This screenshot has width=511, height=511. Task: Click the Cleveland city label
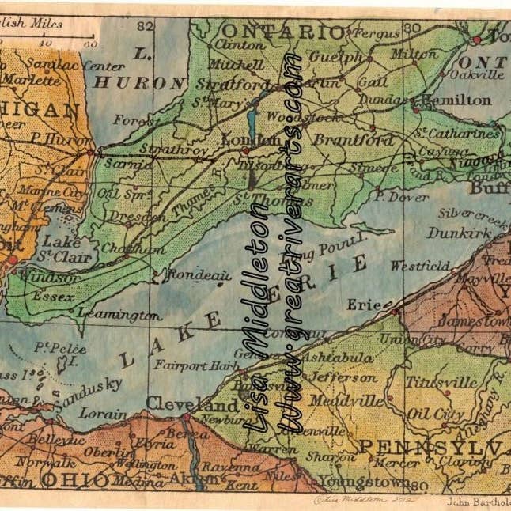[180, 403]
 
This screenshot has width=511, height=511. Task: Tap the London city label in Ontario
[241, 139]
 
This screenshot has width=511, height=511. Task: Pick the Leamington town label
[119, 315]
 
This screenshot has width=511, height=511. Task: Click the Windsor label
[59, 278]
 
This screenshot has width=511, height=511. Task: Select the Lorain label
[103, 413]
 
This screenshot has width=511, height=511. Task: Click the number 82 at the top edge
[143, 27]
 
